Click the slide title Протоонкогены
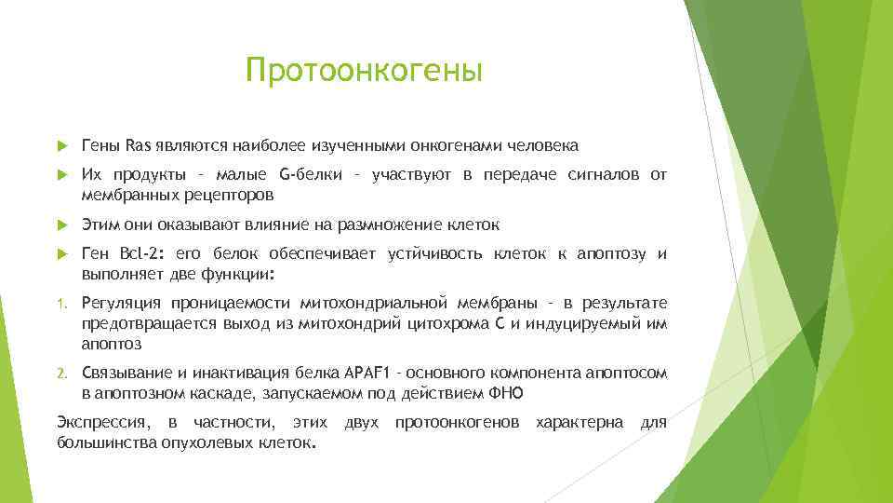(365, 71)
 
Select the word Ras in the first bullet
(138, 145)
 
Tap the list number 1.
(62, 304)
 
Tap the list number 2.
(62, 373)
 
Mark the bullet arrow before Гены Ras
(62, 146)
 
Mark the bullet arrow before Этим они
(62, 225)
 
